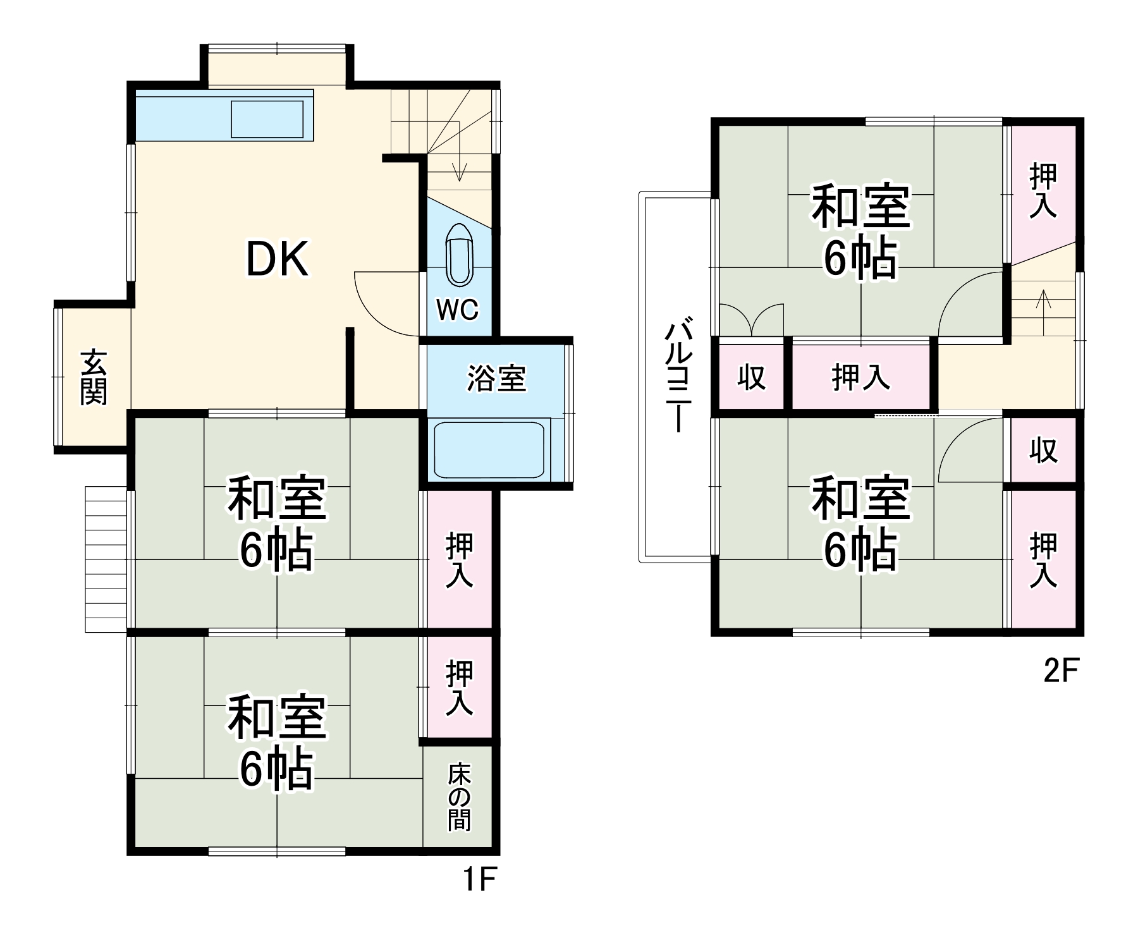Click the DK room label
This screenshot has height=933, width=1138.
277,259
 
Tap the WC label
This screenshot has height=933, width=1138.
458,309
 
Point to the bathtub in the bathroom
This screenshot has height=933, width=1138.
489,450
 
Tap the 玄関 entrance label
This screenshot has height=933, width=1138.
94,377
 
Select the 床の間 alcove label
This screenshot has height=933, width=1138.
460,797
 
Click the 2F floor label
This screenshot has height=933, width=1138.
1060,671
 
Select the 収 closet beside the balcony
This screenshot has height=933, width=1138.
752,377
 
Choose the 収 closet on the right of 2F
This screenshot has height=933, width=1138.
1043,449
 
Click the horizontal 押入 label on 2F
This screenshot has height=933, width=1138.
860,377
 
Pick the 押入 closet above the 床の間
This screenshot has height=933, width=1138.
459,688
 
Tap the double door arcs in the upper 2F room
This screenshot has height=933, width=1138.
752,319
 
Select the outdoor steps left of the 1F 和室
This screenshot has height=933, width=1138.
106,559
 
